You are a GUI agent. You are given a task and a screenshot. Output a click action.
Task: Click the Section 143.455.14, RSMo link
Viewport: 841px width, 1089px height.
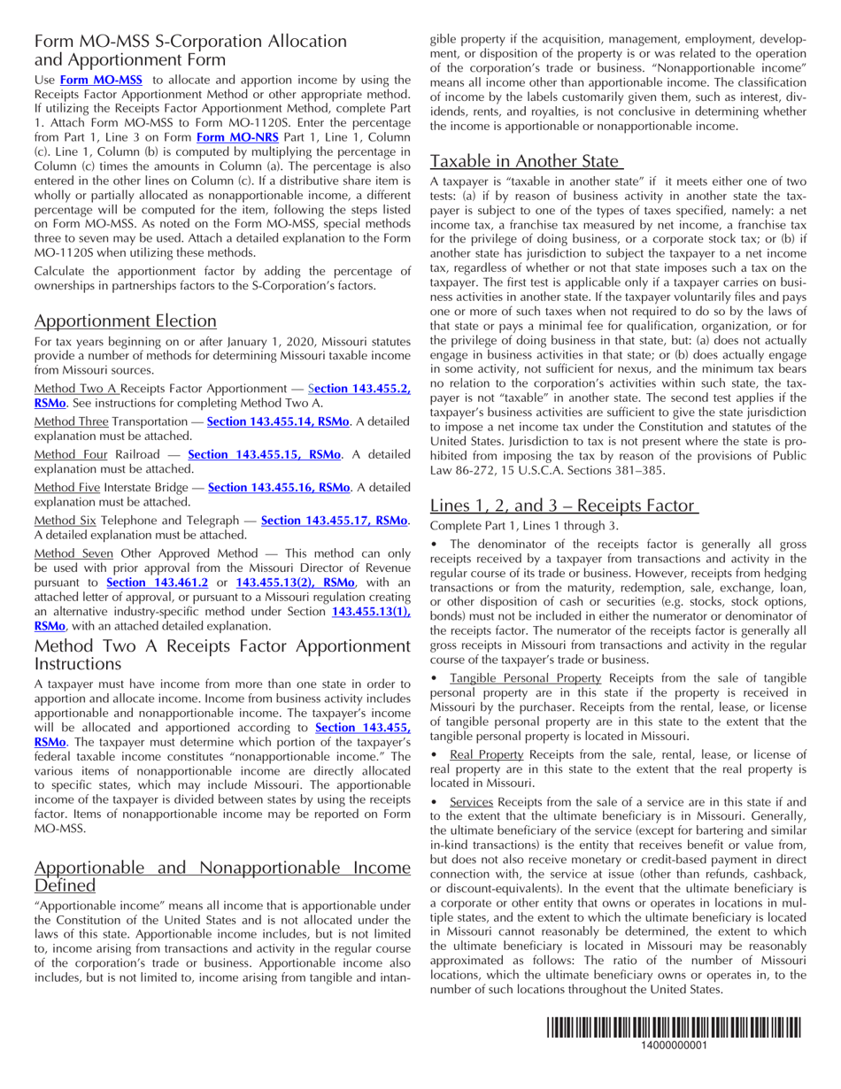(x=278, y=421)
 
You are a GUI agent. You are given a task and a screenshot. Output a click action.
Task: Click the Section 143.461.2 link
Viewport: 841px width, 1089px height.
(x=157, y=583)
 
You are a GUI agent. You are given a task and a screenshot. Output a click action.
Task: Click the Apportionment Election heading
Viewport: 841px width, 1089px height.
(x=125, y=321)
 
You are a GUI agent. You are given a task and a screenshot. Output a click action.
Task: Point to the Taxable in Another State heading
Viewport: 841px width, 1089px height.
(x=526, y=161)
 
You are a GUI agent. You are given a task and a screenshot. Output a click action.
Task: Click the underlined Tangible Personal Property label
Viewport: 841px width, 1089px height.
(x=526, y=678)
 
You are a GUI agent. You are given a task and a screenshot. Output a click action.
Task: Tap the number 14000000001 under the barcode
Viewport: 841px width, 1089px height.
(x=673, y=1046)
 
